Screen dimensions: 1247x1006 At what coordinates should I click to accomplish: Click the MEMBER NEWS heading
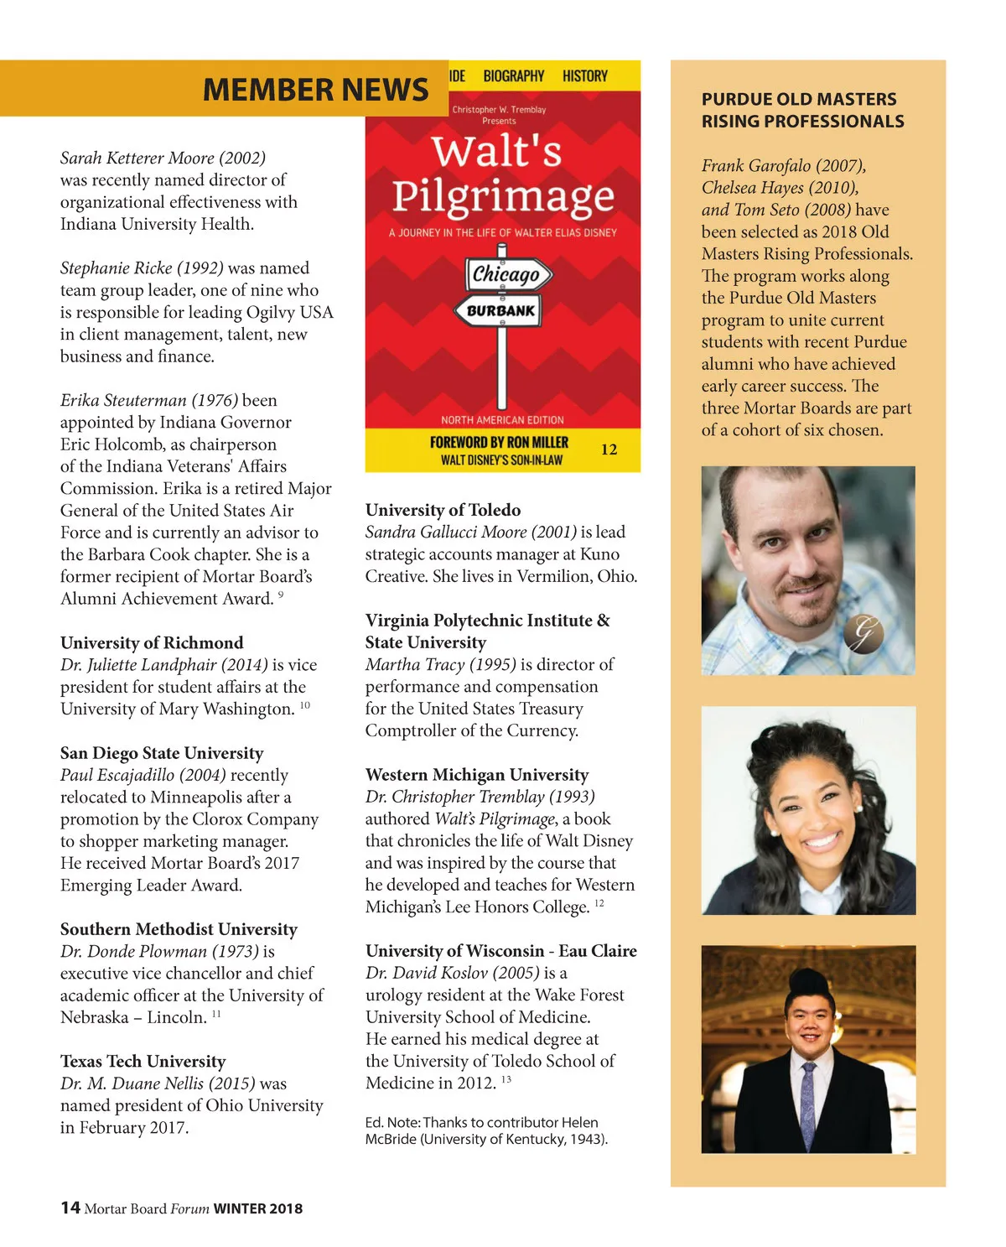(315, 90)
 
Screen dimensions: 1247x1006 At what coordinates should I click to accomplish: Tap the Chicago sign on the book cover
(506, 274)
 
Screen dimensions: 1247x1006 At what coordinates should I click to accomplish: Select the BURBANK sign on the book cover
(500, 310)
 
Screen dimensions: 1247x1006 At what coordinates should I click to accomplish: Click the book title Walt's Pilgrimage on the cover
(501, 174)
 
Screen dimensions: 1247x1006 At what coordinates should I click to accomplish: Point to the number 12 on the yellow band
(609, 449)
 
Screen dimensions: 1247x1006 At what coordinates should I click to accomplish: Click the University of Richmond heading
(152, 642)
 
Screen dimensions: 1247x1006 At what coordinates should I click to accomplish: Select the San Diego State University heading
(162, 752)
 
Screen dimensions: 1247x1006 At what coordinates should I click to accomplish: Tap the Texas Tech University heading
(143, 1061)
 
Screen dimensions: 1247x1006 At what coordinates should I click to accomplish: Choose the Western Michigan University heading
(477, 774)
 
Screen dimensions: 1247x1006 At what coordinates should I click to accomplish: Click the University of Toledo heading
(443, 510)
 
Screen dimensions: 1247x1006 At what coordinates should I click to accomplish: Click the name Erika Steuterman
(124, 400)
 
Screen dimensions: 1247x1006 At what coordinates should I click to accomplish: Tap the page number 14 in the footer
(70, 1208)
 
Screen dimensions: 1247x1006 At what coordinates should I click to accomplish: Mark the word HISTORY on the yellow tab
(585, 75)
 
